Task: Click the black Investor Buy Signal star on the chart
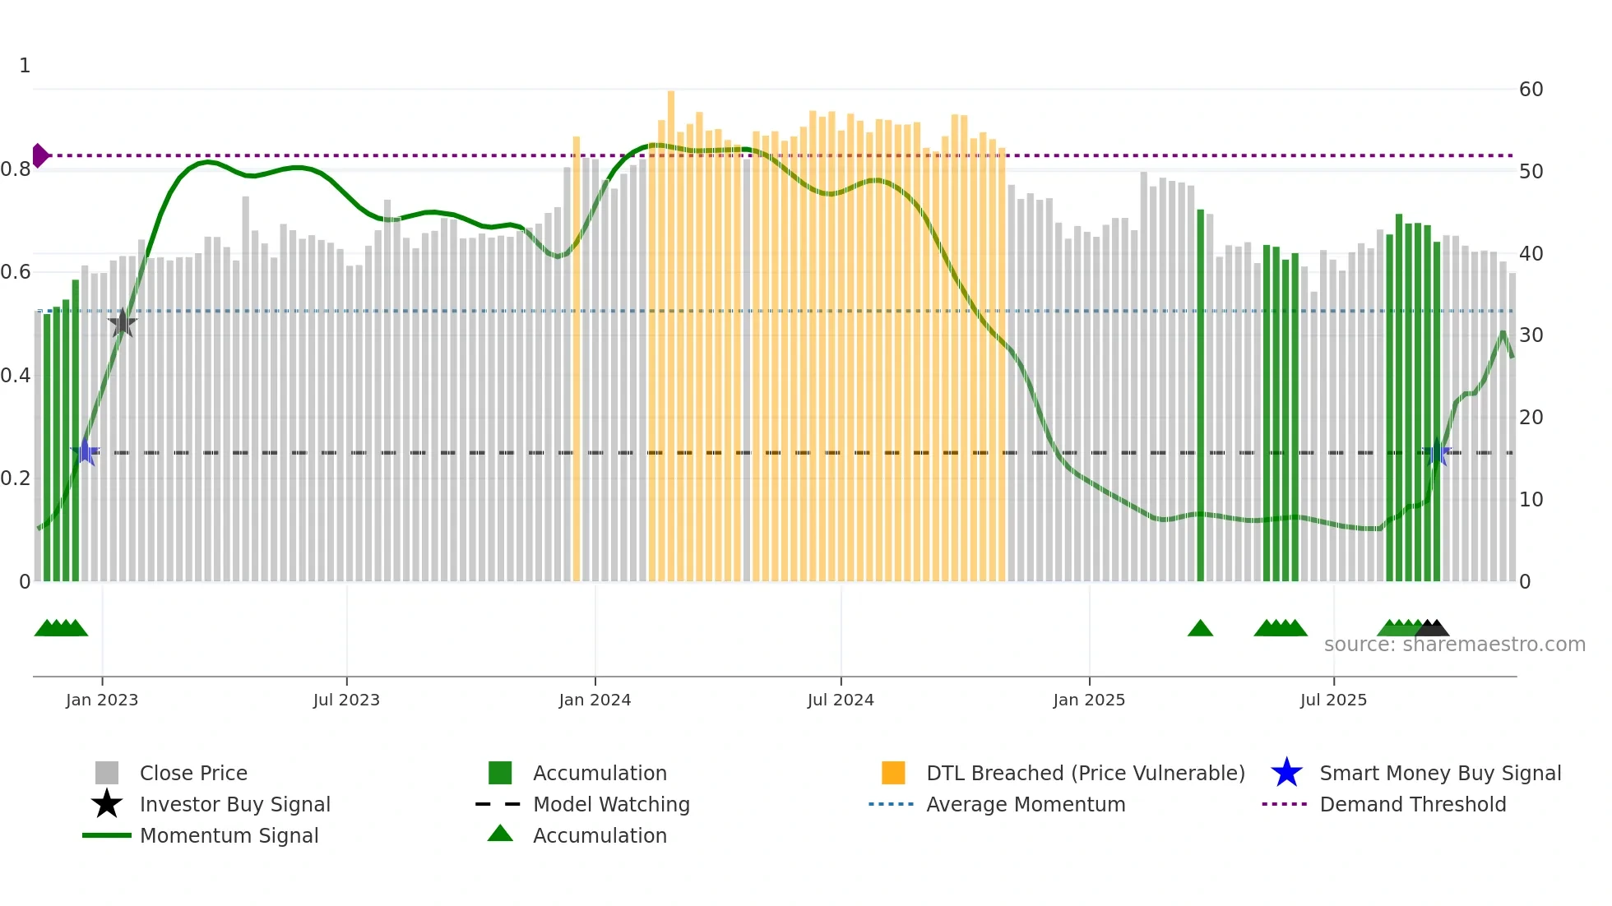click(x=122, y=323)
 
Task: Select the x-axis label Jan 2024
click(x=595, y=700)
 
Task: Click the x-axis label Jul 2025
click(x=1333, y=700)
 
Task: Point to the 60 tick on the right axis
click(x=1531, y=90)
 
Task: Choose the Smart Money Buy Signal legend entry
click(x=1439, y=773)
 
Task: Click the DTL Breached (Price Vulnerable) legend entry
click(x=1085, y=773)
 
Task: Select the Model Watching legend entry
click(x=610, y=804)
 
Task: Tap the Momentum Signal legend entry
click(x=229, y=835)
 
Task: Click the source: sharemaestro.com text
click(x=1454, y=645)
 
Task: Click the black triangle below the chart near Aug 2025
click(x=1433, y=629)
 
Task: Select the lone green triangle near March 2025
click(x=1200, y=629)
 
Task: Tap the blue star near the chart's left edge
click(x=85, y=451)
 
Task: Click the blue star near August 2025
click(x=1436, y=452)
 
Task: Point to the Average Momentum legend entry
click(x=1025, y=804)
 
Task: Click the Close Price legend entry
click(x=193, y=773)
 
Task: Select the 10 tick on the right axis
click(x=1531, y=500)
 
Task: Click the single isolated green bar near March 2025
click(x=1200, y=395)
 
